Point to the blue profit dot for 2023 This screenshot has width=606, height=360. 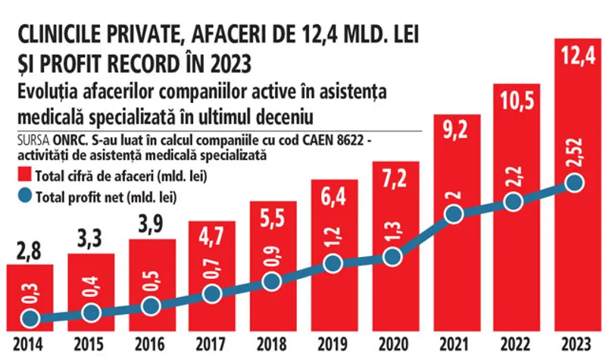[574, 183]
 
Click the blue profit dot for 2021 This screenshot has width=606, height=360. [454, 214]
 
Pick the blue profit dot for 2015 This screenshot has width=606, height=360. [91, 312]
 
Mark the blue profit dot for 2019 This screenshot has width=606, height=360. [333, 263]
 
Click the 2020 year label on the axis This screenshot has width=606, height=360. [393, 343]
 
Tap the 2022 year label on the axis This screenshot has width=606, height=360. [514, 343]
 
